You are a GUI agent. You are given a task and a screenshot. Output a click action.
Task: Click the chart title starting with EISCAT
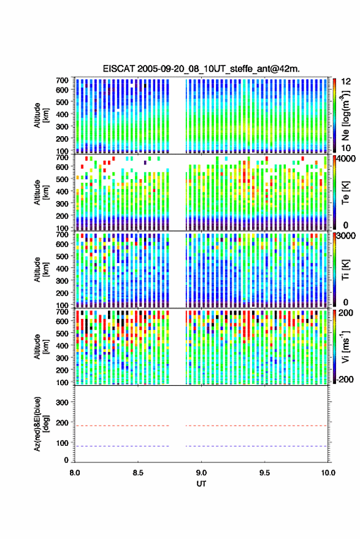(x=201, y=69)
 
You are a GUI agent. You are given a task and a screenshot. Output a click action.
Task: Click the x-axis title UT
(x=201, y=484)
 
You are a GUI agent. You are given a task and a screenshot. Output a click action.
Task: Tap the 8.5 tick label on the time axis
(x=138, y=473)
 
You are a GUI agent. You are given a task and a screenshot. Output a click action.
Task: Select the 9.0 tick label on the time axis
(x=201, y=473)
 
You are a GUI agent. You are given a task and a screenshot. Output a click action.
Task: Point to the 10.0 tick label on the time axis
(x=327, y=473)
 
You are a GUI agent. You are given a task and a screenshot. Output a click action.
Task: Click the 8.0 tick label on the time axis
(x=75, y=473)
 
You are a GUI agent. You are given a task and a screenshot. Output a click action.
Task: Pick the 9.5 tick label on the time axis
(x=264, y=473)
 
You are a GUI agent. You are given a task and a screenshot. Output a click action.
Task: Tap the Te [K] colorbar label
(x=345, y=193)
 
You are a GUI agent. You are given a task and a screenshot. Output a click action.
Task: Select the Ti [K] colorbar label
(x=345, y=270)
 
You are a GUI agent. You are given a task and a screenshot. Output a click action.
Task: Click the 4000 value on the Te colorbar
(x=347, y=159)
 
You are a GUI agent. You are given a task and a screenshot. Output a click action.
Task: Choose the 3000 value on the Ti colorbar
(x=347, y=236)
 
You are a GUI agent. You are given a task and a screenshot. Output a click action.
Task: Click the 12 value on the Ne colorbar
(x=346, y=82)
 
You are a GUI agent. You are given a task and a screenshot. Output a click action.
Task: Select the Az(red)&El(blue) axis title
(x=42, y=424)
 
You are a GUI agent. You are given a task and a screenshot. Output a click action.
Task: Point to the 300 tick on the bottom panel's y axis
(x=62, y=402)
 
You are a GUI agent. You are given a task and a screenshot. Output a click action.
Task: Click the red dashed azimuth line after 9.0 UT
(x=256, y=426)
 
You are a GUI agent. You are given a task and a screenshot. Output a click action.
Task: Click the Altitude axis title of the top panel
(x=41, y=115)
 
